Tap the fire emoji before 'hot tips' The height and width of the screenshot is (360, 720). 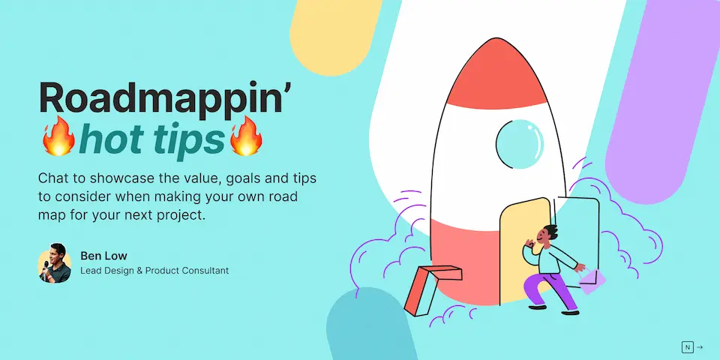tap(58, 136)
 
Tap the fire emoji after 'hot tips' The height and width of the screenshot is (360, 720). tap(246, 136)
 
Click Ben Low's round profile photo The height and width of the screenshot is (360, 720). tap(54, 263)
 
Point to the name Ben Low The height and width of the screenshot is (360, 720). tap(103, 256)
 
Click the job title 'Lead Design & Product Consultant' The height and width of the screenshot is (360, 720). tap(154, 271)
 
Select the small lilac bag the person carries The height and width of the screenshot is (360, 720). tap(592, 280)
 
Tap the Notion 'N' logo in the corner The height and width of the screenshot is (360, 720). tap(688, 347)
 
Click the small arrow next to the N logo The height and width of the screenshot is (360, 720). tap(699, 347)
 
